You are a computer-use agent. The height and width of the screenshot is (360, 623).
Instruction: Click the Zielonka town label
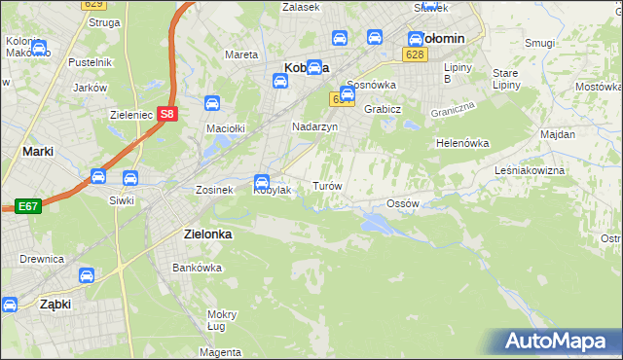click(x=206, y=234)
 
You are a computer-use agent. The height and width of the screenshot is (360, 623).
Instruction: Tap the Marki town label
click(x=37, y=151)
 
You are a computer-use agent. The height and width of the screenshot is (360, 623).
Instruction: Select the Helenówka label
click(x=462, y=143)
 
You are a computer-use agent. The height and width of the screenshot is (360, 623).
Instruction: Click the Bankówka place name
click(x=192, y=267)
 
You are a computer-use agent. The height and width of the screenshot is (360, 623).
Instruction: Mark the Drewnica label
click(x=41, y=259)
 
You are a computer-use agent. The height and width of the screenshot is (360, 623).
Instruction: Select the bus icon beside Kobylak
click(x=262, y=181)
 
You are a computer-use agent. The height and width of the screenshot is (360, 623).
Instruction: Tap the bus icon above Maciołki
click(x=211, y=103)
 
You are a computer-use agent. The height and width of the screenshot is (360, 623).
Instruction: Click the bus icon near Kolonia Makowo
click(x=38, y=47)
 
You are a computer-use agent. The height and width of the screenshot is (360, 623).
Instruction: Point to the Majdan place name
click(x=558, y=133)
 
